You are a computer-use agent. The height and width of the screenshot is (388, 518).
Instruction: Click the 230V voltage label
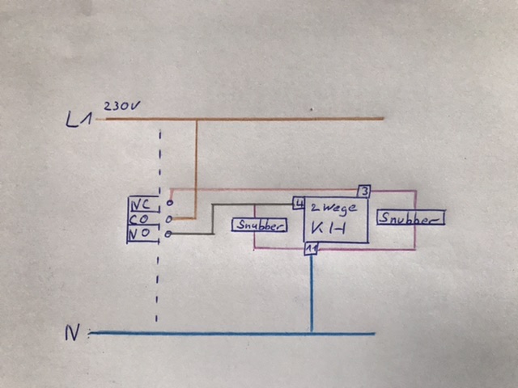[121, 106]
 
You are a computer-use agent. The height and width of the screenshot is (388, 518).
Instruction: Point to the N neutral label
[72, 332]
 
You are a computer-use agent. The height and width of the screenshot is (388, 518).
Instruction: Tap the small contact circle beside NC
[169, 203]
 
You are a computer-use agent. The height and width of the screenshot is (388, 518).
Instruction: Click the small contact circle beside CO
[169, 218]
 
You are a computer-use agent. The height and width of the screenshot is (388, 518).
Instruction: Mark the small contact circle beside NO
[168, 234]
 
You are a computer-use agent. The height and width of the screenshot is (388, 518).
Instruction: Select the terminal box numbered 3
[364, 192]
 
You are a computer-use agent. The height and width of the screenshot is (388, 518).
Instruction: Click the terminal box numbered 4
[299, 203]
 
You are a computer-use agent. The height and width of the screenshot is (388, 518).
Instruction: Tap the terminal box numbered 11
[311, 249]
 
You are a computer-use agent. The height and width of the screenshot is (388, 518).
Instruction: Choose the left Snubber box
[259, 225]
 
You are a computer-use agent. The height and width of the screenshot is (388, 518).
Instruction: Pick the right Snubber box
[410, 217]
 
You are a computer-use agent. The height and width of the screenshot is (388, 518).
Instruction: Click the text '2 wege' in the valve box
[333, 209]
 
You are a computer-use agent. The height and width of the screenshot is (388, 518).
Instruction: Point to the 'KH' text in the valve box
[328, 228]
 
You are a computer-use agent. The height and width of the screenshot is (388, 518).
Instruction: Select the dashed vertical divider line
[159, 226]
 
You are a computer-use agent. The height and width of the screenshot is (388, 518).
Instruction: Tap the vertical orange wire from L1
[196, 169]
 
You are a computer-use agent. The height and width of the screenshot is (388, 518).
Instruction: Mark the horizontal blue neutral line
[232, 333]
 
